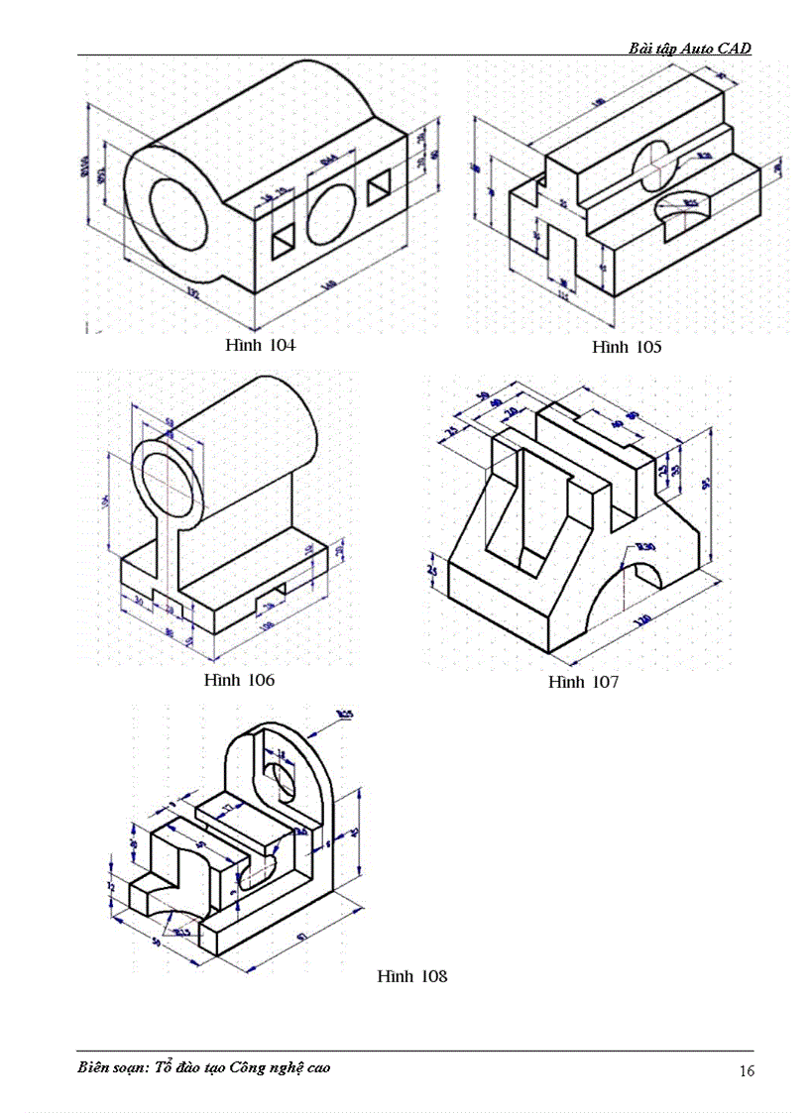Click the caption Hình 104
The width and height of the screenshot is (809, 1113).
pos(260,345)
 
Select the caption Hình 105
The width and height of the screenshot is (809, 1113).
pos(627,347)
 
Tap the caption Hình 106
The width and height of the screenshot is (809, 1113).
pos(239,680)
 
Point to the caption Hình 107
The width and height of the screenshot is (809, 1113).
pos(583,682)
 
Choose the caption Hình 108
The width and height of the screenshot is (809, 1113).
pos(412,976)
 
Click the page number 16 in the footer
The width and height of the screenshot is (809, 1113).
pos(747,1070)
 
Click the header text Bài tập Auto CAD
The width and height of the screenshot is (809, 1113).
pos(690,48)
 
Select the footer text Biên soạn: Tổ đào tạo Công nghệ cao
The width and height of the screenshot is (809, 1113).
pos(204,1067)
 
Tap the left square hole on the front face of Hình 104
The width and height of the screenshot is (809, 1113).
pos(285,236)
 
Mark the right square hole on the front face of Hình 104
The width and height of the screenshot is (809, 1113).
pos(379,188)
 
